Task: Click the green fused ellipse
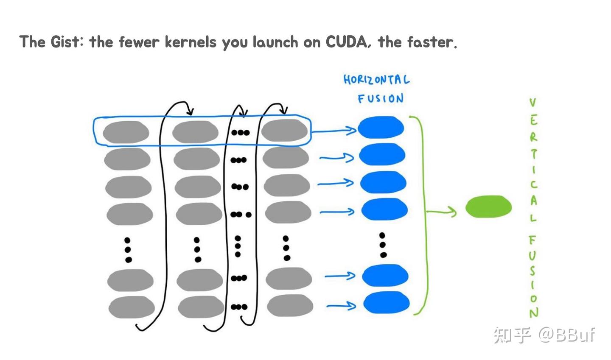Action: point(488,207)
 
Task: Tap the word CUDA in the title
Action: point(346,42)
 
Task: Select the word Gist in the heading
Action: point(65,42)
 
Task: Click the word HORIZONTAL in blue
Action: point(376,80)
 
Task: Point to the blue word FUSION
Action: point(381,98)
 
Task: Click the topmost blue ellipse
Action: point(381,127)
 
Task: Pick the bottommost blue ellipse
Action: point(387,302)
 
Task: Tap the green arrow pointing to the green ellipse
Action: point(441,212)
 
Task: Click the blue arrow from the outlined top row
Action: point(334,131)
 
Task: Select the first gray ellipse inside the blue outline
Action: point(126,132)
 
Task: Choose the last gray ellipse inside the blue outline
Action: point(284,131)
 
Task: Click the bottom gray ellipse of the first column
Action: point(132,307)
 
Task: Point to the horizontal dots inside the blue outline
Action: point(240,133)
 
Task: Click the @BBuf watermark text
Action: point(567,335)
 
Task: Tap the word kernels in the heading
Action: point(191,42)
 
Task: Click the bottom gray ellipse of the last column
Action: point(290,305)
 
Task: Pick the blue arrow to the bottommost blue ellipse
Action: point(341,306)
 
